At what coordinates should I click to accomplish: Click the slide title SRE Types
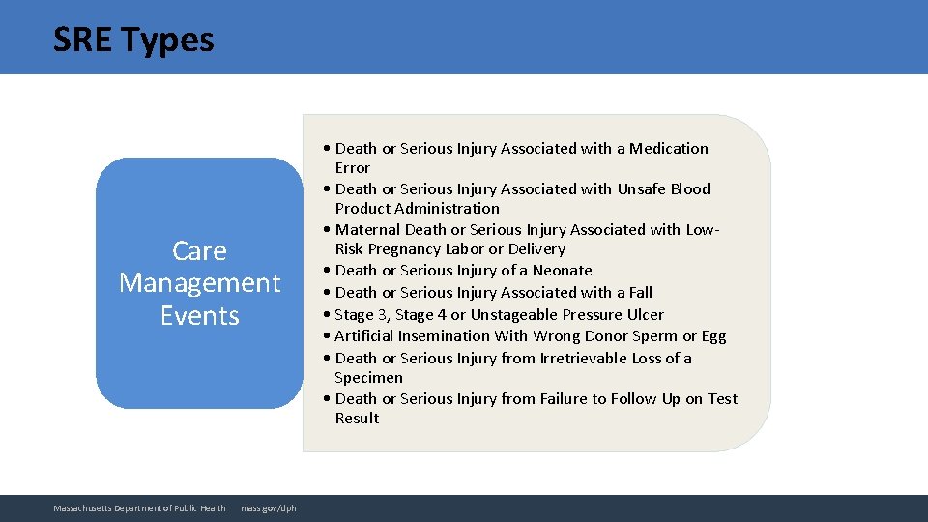133,40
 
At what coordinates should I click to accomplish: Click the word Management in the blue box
199,283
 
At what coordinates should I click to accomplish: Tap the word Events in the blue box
199,316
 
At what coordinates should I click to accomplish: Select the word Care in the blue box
199,251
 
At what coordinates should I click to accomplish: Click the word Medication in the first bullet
669,149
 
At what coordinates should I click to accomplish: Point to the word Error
352,168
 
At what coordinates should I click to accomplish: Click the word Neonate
562,271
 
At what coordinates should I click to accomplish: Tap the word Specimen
368,378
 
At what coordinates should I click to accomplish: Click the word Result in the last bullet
357,419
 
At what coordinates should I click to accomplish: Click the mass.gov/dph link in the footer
269,508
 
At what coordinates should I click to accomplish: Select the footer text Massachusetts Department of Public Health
139,508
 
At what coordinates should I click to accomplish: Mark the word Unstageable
517,315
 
